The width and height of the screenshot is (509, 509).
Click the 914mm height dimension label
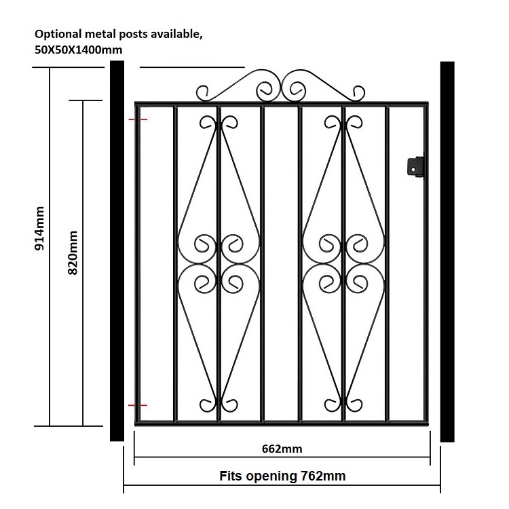point(39,228)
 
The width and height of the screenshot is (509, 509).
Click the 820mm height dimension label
point(73,252)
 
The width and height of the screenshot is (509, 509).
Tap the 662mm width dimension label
point(282,449)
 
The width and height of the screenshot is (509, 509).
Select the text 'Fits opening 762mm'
point(282,476)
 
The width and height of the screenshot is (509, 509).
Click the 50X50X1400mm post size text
point(79,50)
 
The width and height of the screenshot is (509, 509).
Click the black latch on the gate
point(415,166)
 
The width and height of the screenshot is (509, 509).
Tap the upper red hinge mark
point(138,119)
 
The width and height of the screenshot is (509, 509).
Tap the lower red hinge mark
point(138,405)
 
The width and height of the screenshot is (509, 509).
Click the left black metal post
point(117,251)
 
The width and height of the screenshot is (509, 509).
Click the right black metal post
point(447,252)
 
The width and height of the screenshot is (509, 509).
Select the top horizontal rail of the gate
point(282,104)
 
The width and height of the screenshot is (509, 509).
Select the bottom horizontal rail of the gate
point(282,423)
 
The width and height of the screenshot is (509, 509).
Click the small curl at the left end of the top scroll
point(203,93)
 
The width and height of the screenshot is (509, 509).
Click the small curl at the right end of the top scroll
point(358,93)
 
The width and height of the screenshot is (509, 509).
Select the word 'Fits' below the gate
point(231,476)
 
